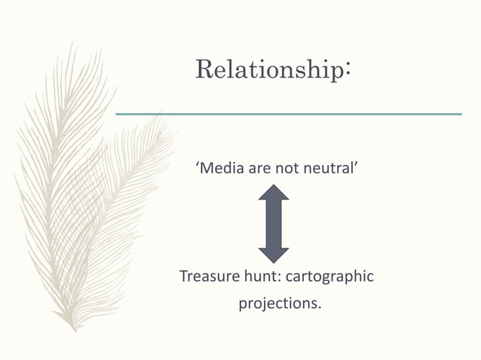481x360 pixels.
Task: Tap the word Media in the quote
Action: [221, 167]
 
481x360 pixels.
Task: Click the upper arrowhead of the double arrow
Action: [274, 193]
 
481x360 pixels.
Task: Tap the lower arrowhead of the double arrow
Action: [274, 255]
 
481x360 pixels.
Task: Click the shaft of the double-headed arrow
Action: [274, 224]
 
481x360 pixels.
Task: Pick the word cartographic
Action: [329, 277]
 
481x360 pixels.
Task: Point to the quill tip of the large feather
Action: [73, 330]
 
